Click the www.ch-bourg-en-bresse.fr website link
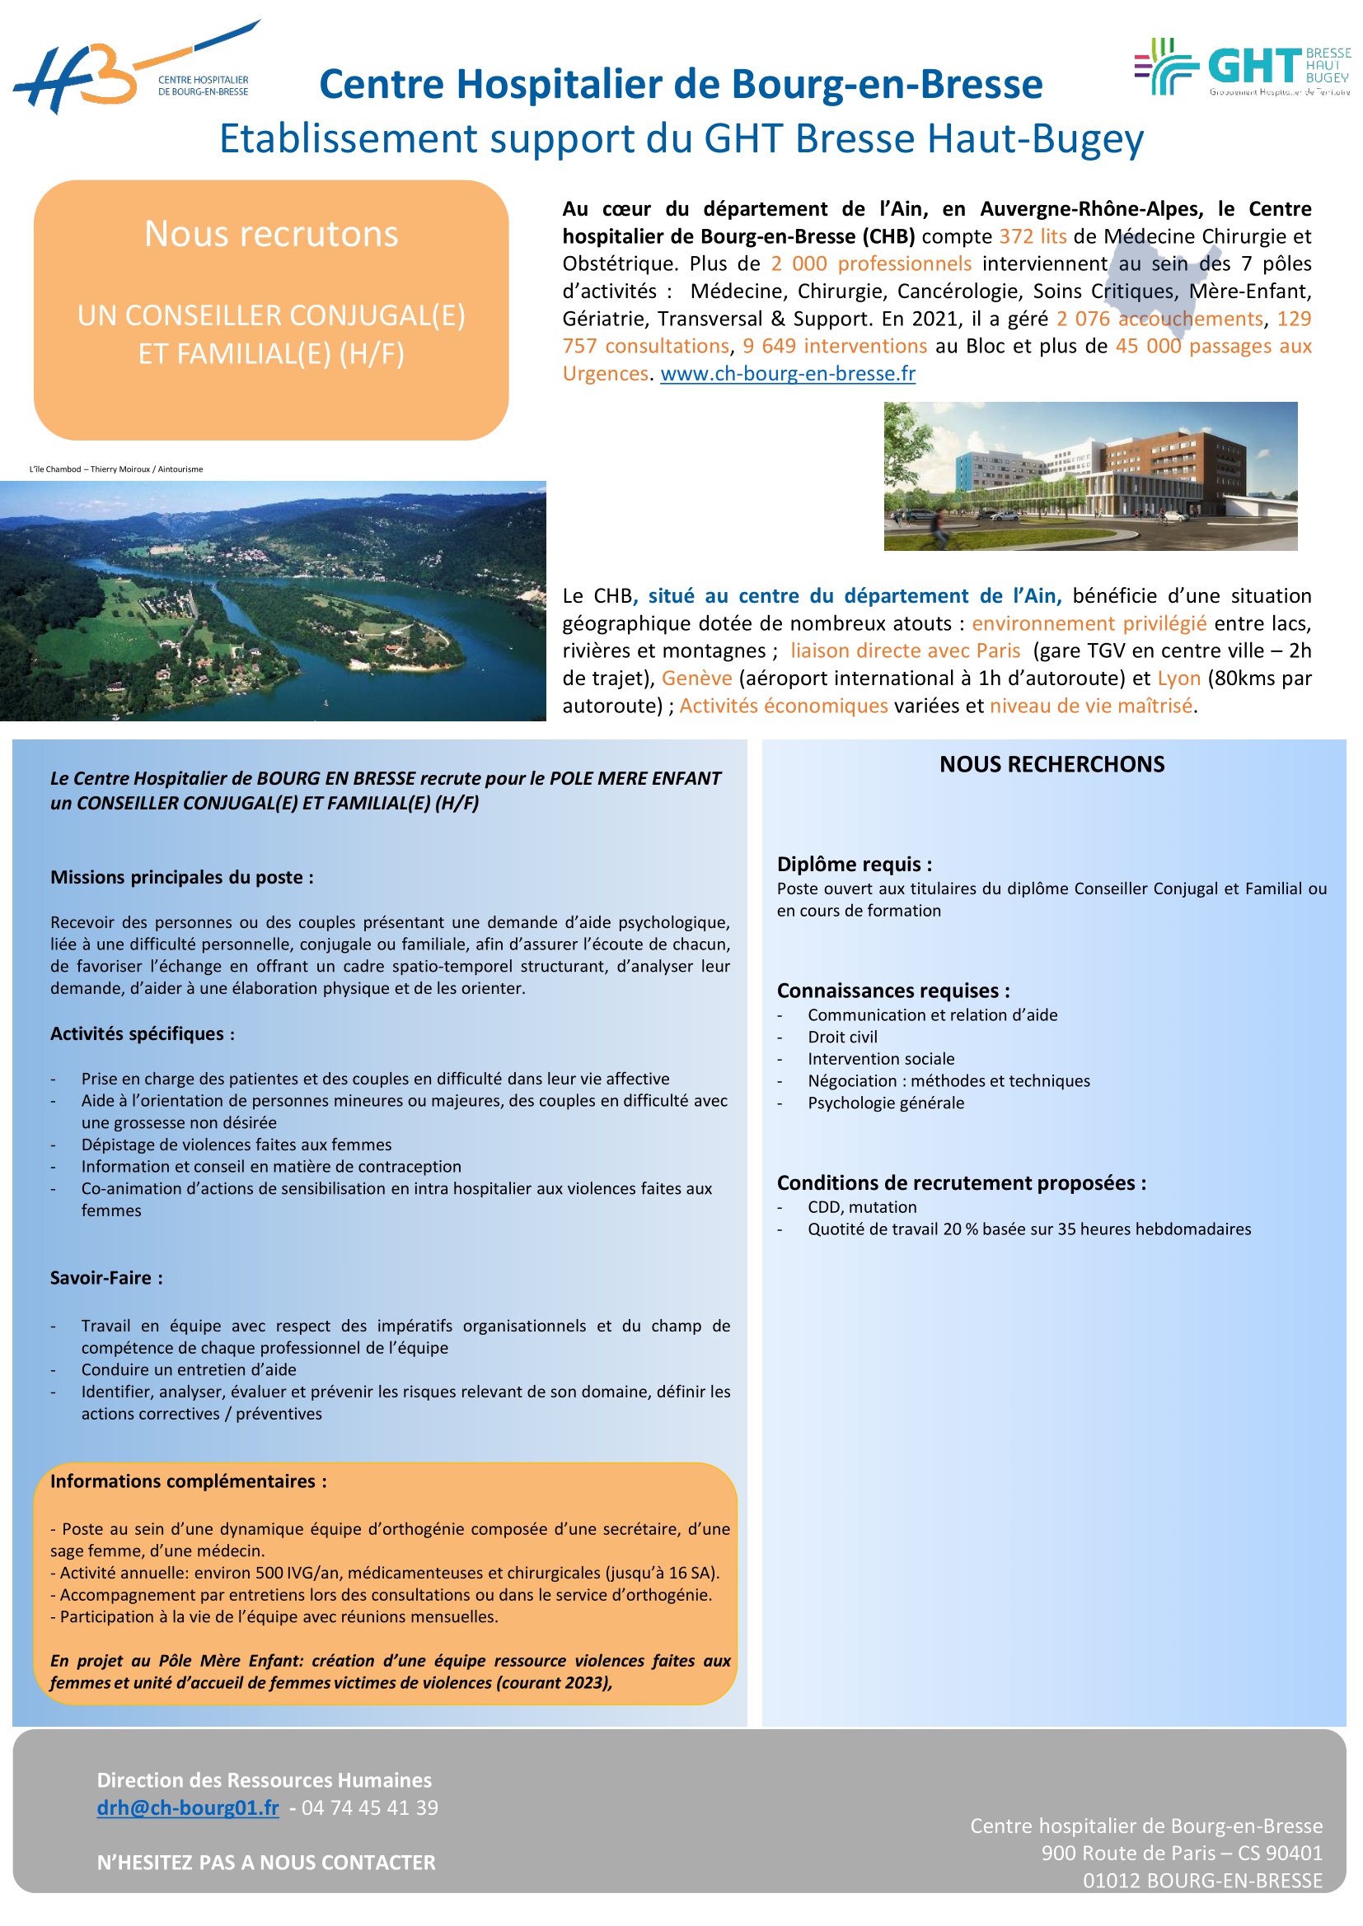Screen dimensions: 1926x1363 [787, 374]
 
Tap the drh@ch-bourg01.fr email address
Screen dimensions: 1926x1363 [187, 1807]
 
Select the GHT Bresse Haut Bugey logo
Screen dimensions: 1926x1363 [1241, 67]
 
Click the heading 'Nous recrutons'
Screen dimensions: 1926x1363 [271, 234]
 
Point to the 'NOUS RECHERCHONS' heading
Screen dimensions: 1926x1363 [1052, 764]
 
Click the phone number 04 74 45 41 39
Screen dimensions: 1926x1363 [369, 1807]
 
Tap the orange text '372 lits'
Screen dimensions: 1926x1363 [1033, 236]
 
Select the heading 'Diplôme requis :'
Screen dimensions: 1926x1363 [855, 864]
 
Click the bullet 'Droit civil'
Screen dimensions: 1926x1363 [842, 1037]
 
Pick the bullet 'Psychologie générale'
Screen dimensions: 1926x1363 [885, 1103]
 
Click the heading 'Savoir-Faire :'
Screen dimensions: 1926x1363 [106, 1278]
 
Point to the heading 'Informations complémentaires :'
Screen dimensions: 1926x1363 [188, 1481]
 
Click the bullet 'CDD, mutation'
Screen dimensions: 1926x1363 [862, 1207]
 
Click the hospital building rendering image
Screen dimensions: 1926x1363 [1089, 476]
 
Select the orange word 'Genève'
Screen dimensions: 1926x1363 [696, 679]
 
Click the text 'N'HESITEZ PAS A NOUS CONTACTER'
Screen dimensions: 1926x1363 [266, 1863]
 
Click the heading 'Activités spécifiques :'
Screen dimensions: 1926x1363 [142, 1033]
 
